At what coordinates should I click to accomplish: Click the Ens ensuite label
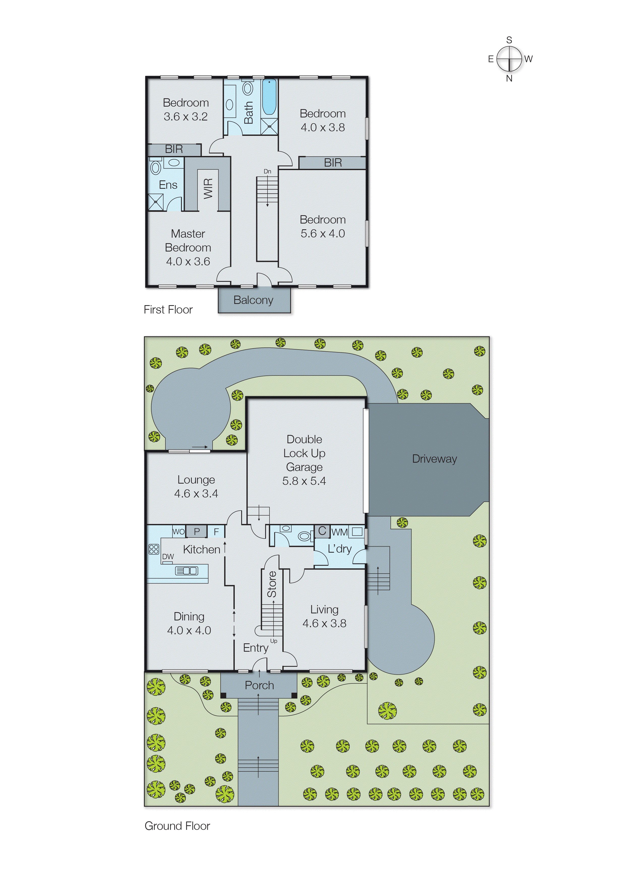point(168,185)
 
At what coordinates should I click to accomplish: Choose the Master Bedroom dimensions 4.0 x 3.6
point(188,262)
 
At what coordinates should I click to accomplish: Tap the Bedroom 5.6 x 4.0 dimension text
point(322,234)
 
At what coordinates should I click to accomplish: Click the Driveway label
point(434,459)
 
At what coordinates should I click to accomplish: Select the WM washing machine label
point(339,532)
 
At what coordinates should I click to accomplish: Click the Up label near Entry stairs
point(274,641)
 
